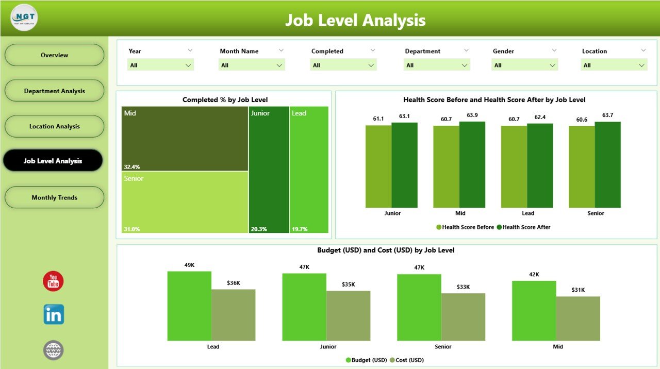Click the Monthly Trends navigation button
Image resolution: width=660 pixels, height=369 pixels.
54,197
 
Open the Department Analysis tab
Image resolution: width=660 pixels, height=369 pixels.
54,91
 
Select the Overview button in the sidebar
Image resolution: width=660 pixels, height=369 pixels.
54,55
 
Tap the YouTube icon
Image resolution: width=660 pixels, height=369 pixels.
53,281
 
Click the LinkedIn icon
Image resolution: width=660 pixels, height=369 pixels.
54,314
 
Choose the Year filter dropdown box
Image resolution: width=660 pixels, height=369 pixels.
160,65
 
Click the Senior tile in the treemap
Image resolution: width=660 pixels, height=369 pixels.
185,202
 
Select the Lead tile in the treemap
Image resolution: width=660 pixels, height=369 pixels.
309,170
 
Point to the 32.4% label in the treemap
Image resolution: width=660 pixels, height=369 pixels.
131,167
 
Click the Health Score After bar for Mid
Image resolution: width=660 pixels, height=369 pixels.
472,164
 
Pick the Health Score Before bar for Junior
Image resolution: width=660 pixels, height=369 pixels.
378,166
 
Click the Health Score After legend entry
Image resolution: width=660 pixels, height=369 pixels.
526,227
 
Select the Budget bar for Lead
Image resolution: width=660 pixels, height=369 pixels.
189,306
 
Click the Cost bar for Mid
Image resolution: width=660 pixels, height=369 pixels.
578,318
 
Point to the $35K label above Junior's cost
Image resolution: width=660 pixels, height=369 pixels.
348,284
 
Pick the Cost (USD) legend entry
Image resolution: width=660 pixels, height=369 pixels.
409,360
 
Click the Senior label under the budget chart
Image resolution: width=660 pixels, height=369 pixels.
443,347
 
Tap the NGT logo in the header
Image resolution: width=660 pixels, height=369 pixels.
24,18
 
